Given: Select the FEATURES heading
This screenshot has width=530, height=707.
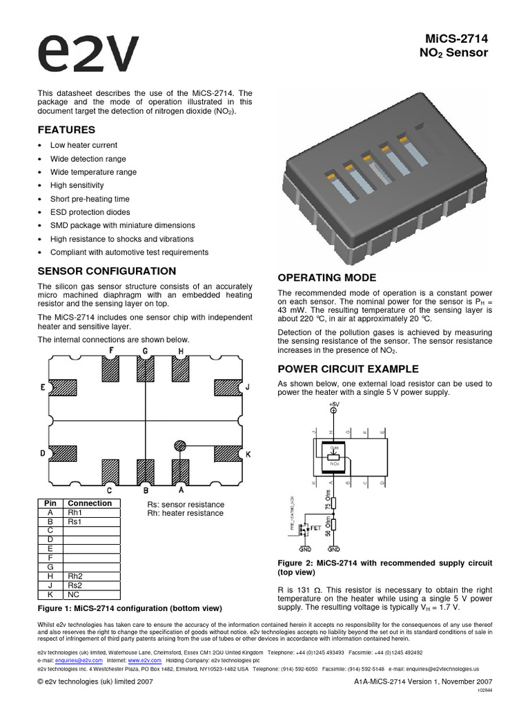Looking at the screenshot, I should pos(66,130).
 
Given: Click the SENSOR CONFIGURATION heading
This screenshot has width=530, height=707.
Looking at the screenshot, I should pos(106,271).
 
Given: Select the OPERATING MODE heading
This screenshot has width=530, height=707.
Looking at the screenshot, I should pos(326,278).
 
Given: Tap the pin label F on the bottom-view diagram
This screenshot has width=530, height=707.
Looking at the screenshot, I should pos(110,351).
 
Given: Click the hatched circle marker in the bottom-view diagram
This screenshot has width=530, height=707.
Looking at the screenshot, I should pos(179,446).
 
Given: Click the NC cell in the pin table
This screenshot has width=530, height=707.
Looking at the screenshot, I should pos(73,594).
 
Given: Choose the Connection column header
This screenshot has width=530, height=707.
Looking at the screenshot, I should pos(90,503).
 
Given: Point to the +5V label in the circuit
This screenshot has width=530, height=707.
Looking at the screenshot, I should pos(334,404).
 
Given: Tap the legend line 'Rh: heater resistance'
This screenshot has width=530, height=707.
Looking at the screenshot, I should pos(185,513).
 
